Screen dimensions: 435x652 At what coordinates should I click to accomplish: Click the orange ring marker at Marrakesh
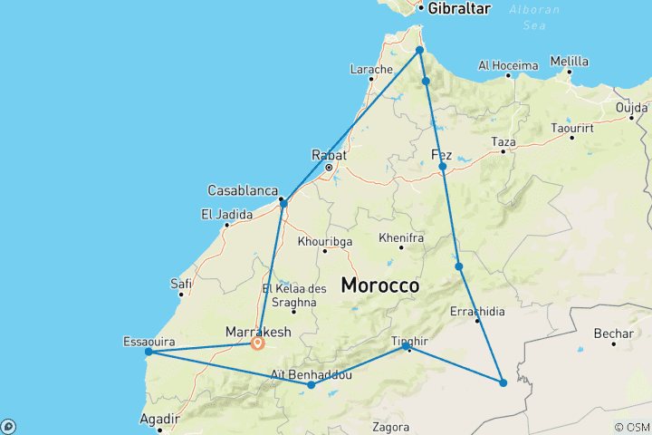coord(258,343)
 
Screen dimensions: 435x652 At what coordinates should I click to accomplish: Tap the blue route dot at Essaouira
coord(149,352)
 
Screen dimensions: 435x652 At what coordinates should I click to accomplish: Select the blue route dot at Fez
coord(443,167)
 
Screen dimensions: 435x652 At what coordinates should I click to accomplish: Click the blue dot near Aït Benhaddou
coord(312,385)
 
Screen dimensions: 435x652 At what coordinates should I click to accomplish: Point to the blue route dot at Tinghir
coord(406,346)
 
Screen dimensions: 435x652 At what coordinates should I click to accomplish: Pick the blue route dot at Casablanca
coord(283,203)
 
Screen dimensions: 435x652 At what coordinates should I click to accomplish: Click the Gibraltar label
coord(458,8)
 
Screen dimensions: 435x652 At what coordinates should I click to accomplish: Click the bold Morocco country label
coord(379,285)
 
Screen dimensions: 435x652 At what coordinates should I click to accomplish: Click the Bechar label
coord(613,333)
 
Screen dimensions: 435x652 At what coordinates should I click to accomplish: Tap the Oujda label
coord(631,107)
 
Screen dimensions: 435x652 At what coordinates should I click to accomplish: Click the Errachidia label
coord(476,312)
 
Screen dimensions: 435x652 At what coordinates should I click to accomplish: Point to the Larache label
coord(371,69)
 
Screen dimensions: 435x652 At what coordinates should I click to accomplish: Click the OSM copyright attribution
coord(632,427)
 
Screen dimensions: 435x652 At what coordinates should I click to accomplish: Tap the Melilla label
coord(569,62)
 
